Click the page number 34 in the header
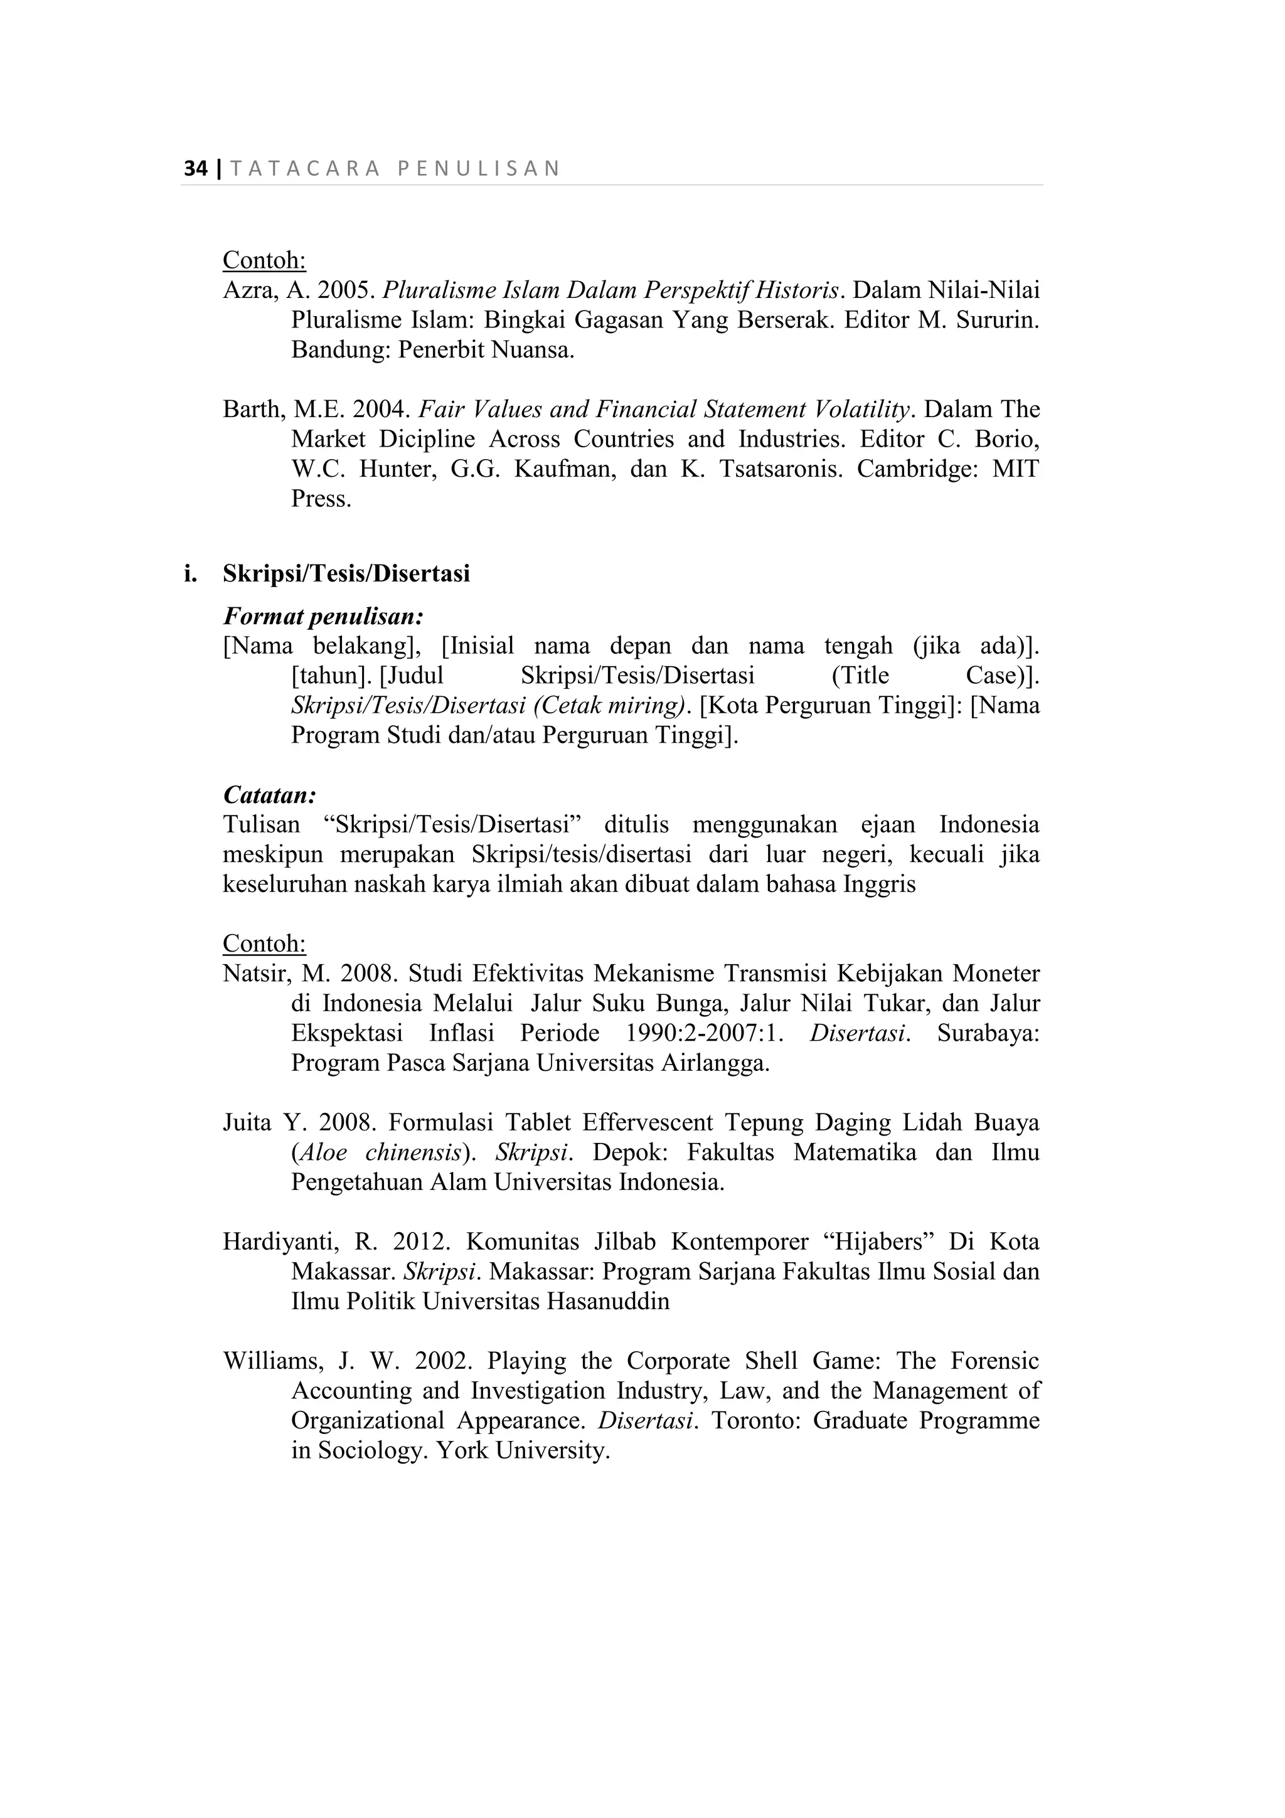[195, 169]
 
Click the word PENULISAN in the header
[478, 169]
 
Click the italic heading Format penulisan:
[324, 615]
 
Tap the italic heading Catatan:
[270, 794]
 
